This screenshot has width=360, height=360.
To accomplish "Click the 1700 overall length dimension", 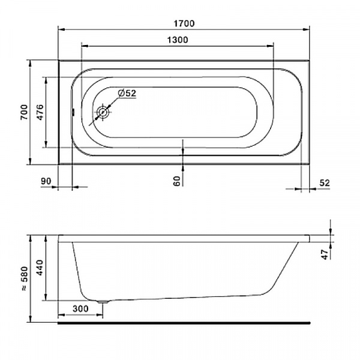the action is tap(184, 23).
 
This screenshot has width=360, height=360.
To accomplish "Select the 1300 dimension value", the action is tap(177, 40).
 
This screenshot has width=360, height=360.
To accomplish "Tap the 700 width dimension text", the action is tap(24, 112).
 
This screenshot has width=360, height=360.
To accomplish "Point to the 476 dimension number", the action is tap(40, 112).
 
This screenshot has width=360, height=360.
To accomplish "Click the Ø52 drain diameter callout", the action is tap(127, 93).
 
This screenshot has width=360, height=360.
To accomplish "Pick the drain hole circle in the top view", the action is tap(103, 112).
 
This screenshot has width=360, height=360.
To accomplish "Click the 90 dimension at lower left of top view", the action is tap(46, 181).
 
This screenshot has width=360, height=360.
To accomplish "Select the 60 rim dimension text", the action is tap(177, 181).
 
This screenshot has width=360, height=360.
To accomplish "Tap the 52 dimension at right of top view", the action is tap(325, 183).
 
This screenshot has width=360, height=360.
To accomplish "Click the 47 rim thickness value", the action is tap(325, 254).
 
